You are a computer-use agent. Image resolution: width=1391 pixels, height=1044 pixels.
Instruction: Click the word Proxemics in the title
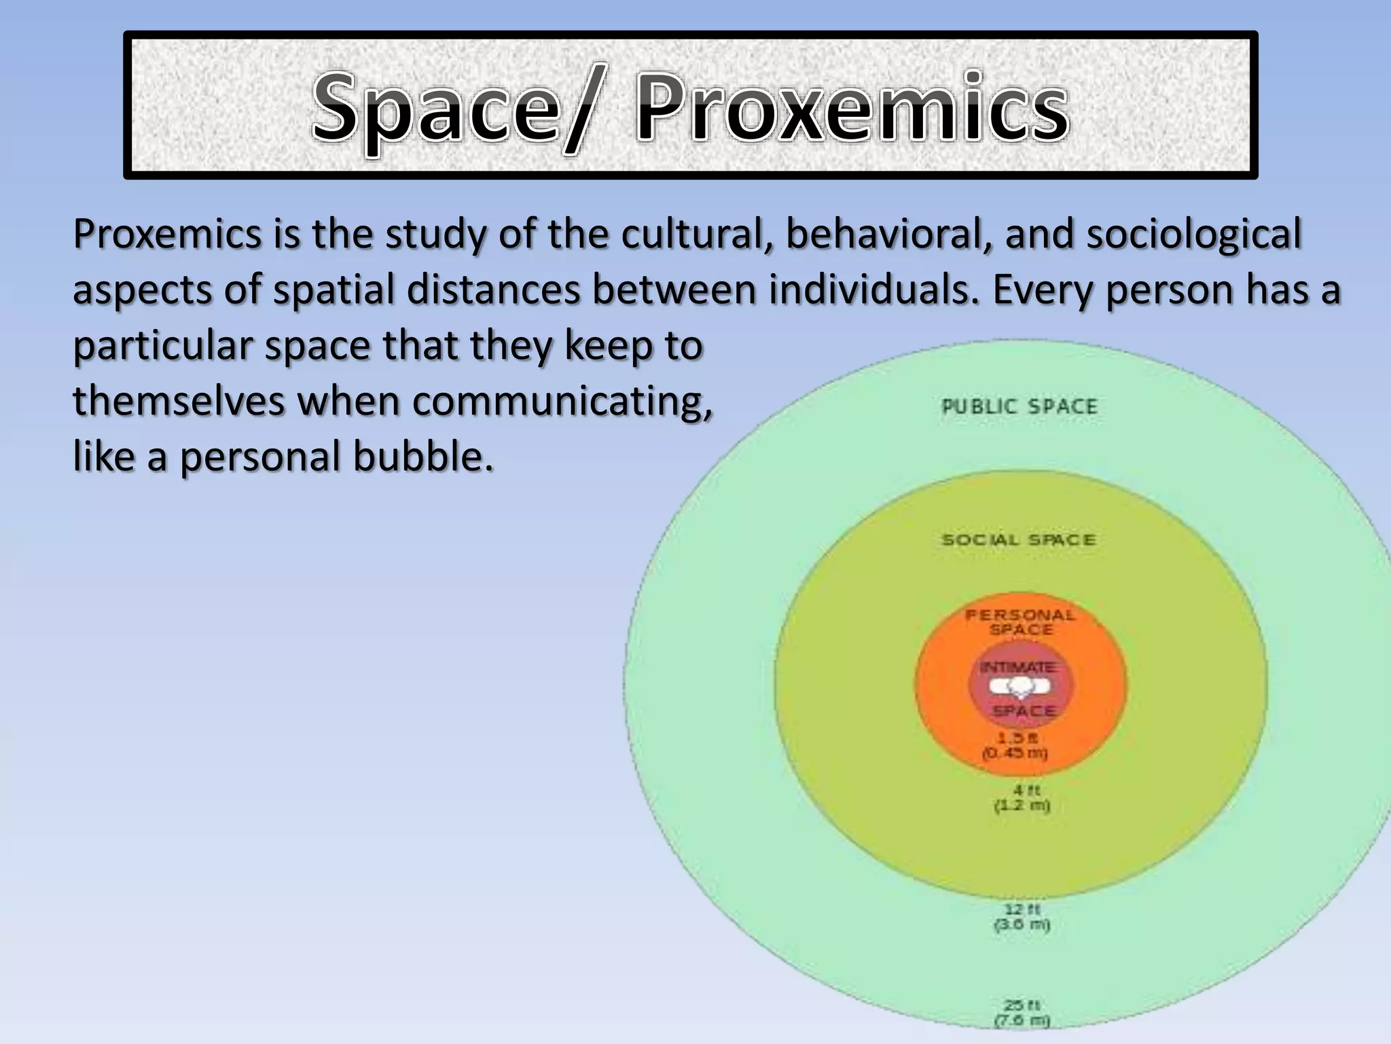point(852,109)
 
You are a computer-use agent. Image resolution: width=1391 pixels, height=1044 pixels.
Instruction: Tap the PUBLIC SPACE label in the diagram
point(1019,406)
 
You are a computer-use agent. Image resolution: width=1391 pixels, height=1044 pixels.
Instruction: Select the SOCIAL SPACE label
point(1019,540)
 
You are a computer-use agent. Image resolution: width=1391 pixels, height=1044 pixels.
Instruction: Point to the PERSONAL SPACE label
point(1020,622)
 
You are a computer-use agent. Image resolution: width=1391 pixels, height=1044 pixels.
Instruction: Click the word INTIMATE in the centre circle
point(1017,667)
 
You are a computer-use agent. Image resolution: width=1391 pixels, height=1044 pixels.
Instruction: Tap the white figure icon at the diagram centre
point(1019,688)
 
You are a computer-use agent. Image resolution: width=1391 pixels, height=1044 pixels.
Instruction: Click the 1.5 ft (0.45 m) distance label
point(1016,746)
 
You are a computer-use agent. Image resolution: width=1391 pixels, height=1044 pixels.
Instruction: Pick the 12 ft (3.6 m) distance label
point(1022,917)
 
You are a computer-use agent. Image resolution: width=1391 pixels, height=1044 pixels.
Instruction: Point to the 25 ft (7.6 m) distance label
point(1022,1012)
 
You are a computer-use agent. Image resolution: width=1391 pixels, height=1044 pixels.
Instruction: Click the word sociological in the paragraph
point(1193,234)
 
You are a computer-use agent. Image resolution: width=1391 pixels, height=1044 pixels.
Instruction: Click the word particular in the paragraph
point(162,346)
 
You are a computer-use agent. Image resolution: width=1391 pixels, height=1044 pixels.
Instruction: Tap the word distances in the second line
point(493,290)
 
